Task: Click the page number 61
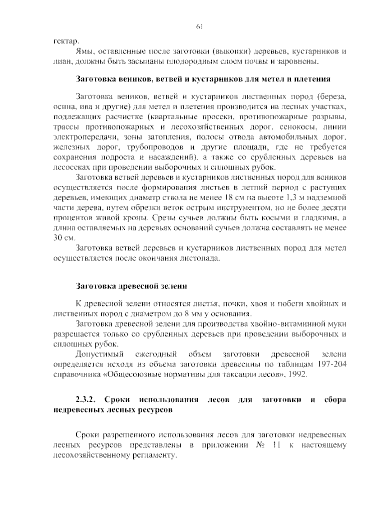coord(199,27)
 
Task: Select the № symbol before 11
coord(260,445)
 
